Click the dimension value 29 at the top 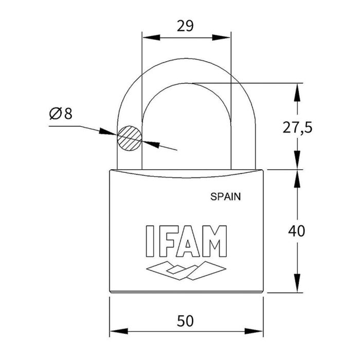185,26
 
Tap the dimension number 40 296,231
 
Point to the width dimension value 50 185,321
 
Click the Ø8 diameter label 61,113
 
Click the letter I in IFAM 150,241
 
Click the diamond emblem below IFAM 186,270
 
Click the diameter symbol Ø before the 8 56,113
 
